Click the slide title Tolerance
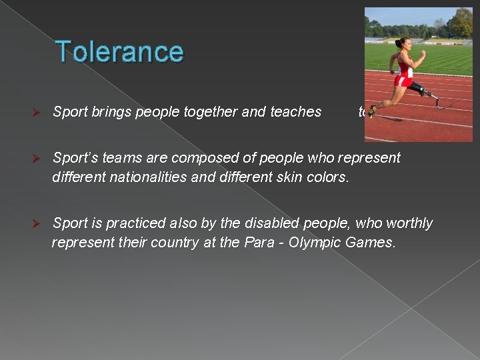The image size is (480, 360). coord(119,51)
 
